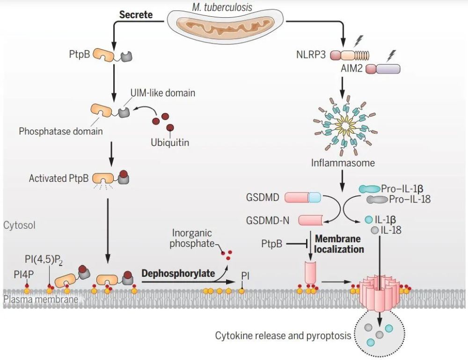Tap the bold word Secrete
tap(136, 14)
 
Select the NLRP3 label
tap(311, 55)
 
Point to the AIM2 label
tap(351, 69)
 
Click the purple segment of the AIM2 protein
tap(388, 69)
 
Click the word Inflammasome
tap(343, 163)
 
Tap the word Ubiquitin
tap(170, 142)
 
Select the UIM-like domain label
tap(163, 93)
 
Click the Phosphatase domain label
tap(60, 131)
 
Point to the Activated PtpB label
tap(59, 178)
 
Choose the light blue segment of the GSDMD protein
tap(314, 197)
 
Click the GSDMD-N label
tap(267, 220)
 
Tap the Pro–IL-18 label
tap(409, 199)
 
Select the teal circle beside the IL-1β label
tap(369, 220)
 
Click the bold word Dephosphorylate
tap(178, 273)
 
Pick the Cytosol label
tap(19, 225)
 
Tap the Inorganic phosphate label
tap(192, 238)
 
